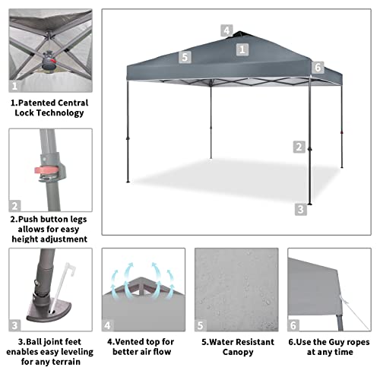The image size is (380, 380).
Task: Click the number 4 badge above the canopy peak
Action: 226,30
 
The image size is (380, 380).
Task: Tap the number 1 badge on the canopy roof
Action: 242,49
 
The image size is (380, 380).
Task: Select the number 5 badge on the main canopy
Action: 185,56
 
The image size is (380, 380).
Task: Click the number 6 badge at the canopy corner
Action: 318,67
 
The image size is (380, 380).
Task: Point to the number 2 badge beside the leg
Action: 299,147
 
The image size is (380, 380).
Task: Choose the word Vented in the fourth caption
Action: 129,341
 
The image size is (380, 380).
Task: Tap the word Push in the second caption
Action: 33,218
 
